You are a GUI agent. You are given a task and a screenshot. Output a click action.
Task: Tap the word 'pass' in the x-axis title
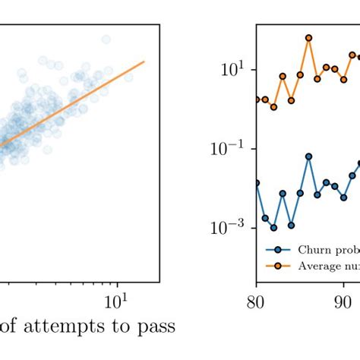[x=156, y=328]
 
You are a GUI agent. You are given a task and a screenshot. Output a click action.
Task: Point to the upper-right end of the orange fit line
[x=144, y=62]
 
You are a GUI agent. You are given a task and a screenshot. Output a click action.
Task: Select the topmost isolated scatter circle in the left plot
[x=106, y=39]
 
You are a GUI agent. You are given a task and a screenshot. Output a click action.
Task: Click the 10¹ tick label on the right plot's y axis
[x=226, y=69]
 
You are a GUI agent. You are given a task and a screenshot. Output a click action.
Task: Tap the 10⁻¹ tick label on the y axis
[x=222, y=149]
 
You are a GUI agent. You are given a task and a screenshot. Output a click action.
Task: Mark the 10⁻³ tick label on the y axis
[x=222, y=228]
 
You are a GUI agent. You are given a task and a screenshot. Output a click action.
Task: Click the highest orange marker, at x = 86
[x=308, y=37]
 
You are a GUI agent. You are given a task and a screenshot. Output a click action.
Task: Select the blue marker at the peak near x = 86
[x=308, y=156]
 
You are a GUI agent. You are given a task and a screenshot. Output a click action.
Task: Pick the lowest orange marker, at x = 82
[x=273, y=107]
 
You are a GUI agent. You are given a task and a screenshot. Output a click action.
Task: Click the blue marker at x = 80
[x=256, y=182]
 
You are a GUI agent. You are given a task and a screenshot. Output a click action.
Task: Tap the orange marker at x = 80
[x=256, y=99]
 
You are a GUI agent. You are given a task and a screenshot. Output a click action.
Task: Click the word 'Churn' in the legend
[x=311, y=249]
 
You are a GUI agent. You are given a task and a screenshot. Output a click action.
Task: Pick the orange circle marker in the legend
[x=278, y=265]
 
